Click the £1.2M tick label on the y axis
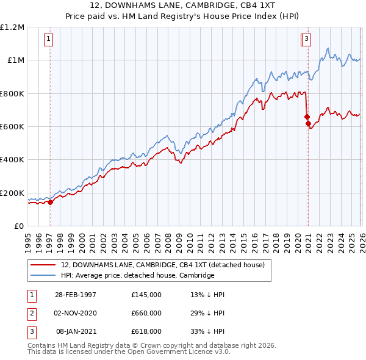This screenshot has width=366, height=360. pyautogui.click(x=12, y=27)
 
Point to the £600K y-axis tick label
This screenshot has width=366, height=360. pyautogui.click(x=12, y=127)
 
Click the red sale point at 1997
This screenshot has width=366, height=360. pyautogui.click(x=51, y=203)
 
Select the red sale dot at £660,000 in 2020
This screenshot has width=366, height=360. pyautogui.click(x=307, y=117)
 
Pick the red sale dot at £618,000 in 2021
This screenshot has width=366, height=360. pyautogui.click(x=308, y=124)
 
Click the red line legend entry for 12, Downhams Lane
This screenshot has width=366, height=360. pyautogui.click(x=162, y=265)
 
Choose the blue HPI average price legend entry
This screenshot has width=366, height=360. pyautogui.click(x=137, y=276)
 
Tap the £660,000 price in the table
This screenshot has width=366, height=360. pyautogui.click(x=146, y=312)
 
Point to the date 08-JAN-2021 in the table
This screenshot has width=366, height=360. pyautogui.click(x=76, y=331)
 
